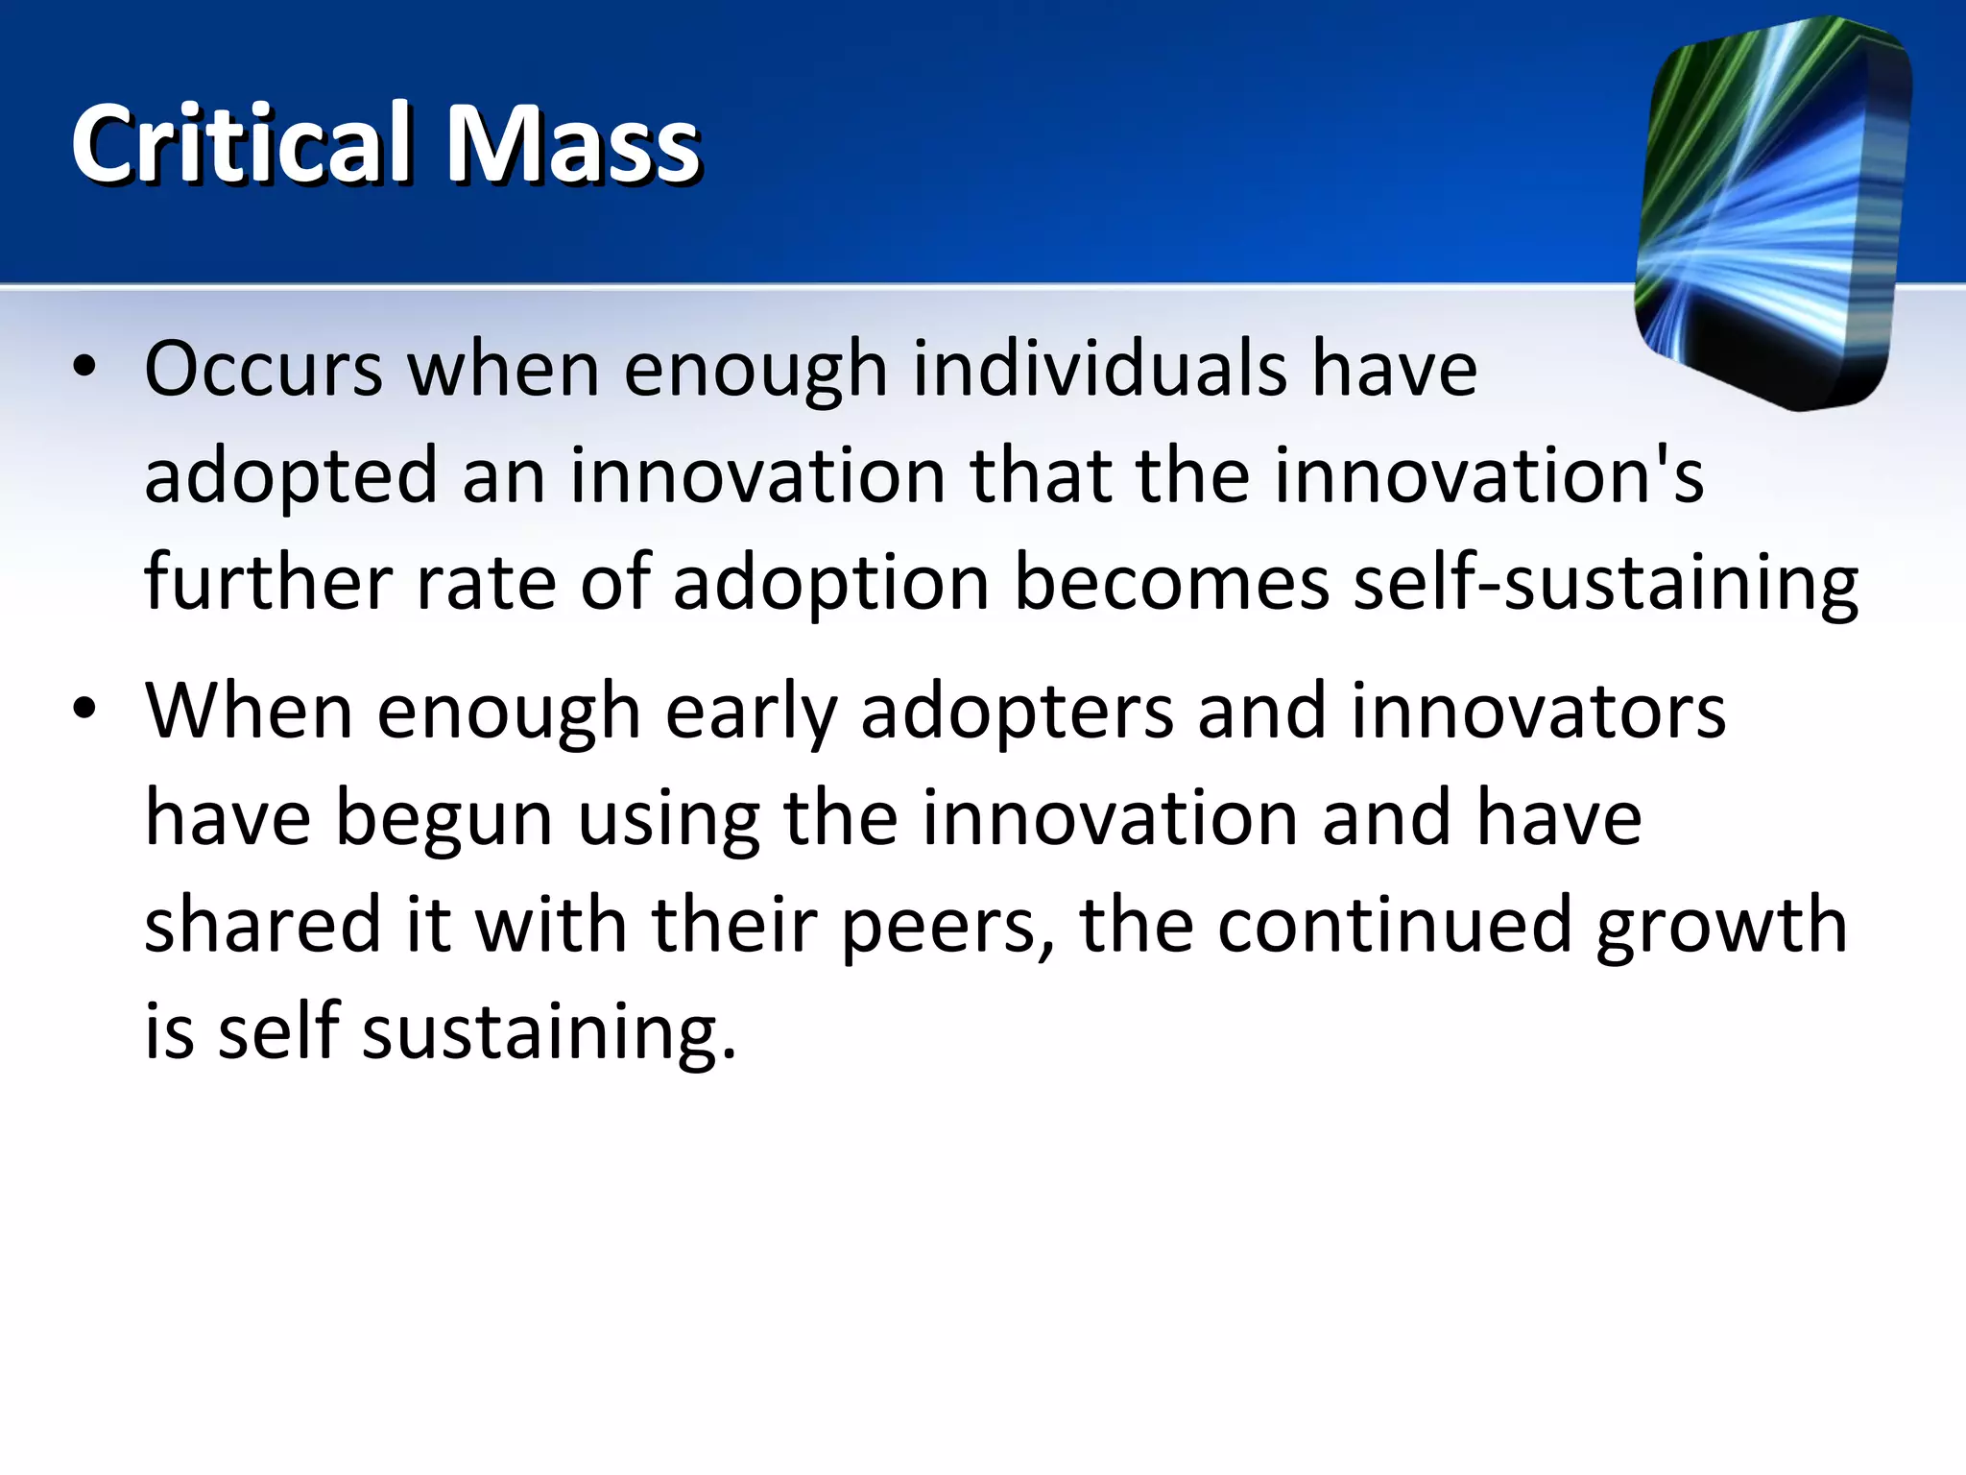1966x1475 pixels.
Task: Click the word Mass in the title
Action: pos(574,144)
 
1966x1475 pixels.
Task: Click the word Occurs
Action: pos(264,370)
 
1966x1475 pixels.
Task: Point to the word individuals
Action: pos(1099,370)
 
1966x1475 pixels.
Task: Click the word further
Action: pos(268,583)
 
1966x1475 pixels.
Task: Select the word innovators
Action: pos(1538,712)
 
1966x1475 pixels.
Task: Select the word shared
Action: pos(262,925)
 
